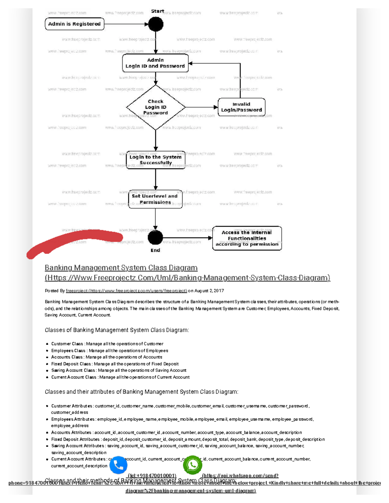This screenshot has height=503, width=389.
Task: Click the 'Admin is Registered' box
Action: [74, 24]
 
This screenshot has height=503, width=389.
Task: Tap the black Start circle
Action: [156, 24]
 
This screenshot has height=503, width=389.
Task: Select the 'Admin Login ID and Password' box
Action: [155, 63]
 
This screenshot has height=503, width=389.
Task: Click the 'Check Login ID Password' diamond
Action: [156, 107]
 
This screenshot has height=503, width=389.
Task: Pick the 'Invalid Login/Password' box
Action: [242, 107]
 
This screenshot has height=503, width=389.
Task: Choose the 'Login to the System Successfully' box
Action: [156, 160]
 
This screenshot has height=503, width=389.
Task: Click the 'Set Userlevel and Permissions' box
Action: [155, 199]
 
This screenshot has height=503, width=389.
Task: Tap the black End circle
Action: [155, 237]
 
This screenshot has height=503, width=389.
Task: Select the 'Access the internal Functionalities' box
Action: [247, 238]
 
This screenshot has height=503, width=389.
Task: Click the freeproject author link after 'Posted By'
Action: [126, 291]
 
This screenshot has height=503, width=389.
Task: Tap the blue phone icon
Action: [118, 465]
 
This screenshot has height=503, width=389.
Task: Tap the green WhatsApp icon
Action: [193, 465]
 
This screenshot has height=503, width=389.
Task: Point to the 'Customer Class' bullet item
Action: [107, 344]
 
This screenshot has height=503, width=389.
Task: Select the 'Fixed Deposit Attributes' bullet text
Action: [188, 440]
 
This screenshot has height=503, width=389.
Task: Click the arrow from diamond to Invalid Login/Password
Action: [201, 107]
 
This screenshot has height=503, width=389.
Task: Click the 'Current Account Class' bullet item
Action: [120, 377]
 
